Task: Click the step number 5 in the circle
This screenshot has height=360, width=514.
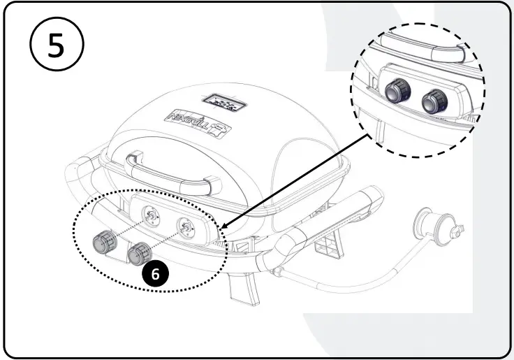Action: tap(56, 46)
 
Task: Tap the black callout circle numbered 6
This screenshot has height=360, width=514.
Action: tap(155, 274)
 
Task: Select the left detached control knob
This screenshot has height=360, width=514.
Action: tap(106, 243)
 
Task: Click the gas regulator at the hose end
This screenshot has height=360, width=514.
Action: tap(434, 223)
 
